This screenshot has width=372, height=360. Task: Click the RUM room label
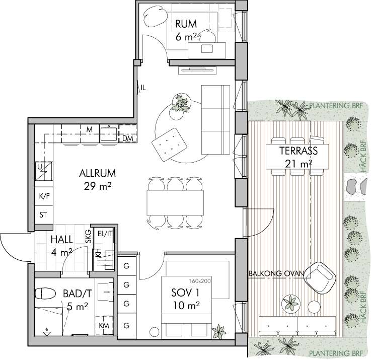click(186, 24)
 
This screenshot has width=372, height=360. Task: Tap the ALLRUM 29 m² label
click(98, 180)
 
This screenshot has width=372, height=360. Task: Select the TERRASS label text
click(298, 151)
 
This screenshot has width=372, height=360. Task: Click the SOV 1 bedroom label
click(185, 293)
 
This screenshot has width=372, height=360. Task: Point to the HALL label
click(62, 240)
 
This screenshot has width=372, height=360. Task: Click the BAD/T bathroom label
click(77, 294)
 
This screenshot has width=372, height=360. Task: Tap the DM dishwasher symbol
click(128, 138)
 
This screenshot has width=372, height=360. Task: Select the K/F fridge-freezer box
click(44, 196)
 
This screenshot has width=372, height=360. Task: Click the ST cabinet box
click(44, 215)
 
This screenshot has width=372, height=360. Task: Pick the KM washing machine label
click(104, 326)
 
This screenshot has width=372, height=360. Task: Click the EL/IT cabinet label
click(105, 234)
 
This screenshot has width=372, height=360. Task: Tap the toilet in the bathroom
click(45, 294)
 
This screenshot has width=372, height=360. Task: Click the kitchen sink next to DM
click(109, 134)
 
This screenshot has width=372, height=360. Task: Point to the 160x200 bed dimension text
click(200, 281)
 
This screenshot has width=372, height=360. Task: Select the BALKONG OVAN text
click(276, 273)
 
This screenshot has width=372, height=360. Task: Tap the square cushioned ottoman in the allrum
click(169, 145)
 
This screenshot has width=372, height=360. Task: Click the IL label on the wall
click(143, 88)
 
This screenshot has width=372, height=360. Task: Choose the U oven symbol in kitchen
click(44, 171)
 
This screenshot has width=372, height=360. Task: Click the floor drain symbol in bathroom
click(47, 332)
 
